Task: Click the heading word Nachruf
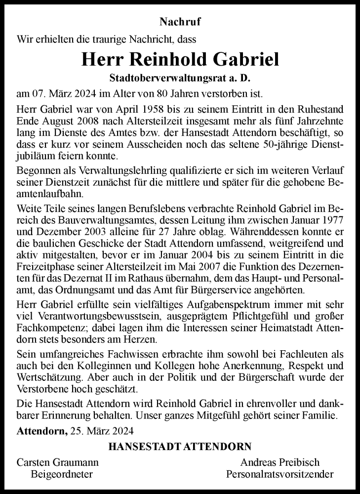[180, 22]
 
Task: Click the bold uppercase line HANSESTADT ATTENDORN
[180, 447]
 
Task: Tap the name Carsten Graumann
[58, 462]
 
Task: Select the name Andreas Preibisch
[280, 462]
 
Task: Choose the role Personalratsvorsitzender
[280, 475]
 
